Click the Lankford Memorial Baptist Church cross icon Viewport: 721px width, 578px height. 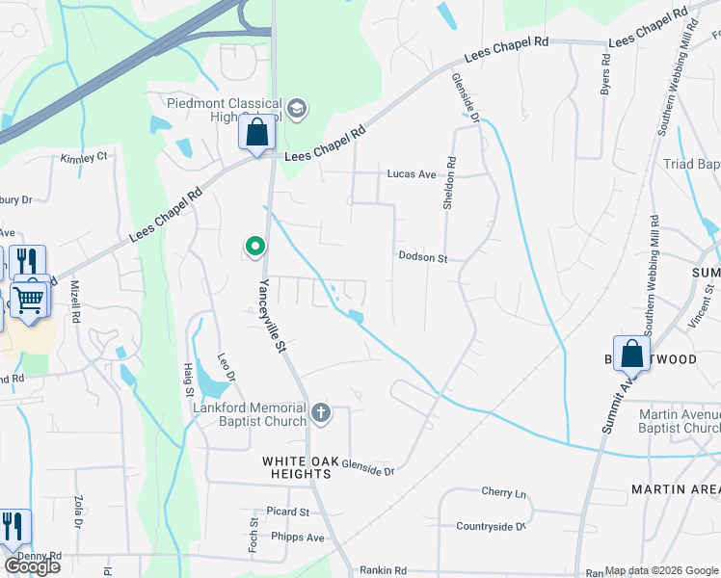(321, 414)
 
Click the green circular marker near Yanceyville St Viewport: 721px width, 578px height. (255, 246)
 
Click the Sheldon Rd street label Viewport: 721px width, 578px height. (449, 184)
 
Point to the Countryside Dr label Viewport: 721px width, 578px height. (491, 526)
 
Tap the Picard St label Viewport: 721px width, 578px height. (289, 512)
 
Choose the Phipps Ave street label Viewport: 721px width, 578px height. (298, 537)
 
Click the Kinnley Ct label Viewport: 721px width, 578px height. (84, 158)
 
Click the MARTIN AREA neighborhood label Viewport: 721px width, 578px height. (675, 489)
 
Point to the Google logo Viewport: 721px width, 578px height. (32, 565)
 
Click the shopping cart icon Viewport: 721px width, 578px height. (31, 299)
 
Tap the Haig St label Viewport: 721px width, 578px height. (189, 377)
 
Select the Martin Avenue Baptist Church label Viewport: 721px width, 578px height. (679, 421)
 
